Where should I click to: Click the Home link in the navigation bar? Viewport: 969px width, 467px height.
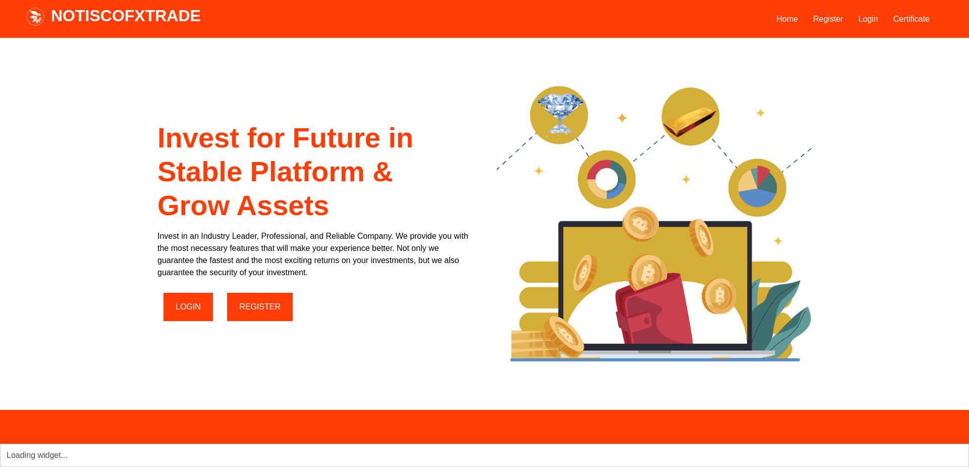787,19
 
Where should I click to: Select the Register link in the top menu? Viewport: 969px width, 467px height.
828,19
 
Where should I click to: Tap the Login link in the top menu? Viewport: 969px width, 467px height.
868,19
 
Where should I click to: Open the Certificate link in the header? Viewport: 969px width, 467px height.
911,19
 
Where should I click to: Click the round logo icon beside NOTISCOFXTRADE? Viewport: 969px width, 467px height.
35,17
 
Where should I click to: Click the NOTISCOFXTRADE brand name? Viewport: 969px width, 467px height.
126,16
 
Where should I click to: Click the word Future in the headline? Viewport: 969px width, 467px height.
336,138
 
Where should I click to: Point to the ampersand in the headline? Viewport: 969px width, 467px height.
383,172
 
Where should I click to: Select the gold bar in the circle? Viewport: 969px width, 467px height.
690,121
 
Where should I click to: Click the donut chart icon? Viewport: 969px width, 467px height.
607,179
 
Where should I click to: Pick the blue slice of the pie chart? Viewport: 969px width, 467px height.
756,197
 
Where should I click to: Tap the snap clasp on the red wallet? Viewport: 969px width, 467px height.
646,320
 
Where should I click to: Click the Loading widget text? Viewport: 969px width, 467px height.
37,455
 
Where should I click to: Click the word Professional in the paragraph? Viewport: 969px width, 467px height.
284,236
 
